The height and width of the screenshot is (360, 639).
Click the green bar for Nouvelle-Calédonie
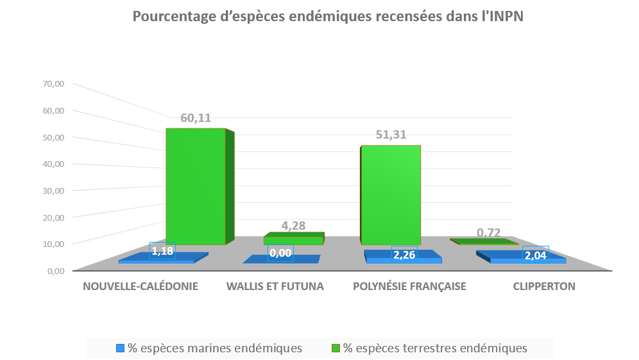click(x=196, y=186)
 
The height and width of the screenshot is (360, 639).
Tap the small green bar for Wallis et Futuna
click(x=293, y=240)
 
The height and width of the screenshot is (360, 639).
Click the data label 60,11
click(x=196, y=118)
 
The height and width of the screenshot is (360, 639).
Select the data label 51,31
click(x=391, y=135)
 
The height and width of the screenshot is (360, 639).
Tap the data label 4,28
click(x=293, y=225)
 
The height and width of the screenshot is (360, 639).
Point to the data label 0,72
click(x=488, y=232)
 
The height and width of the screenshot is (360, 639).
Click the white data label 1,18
click(x=162, y=251)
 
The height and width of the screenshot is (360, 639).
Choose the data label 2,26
click(x=404, y=255)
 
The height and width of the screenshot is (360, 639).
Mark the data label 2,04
click(x=536, y=255)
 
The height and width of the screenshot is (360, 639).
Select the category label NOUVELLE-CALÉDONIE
click(x=141, y=286)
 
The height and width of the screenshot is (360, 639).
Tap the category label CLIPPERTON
click(x=544, y=286)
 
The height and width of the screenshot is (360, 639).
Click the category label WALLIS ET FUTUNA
click(x=275, y=286)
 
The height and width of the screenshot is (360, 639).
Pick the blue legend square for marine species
click(x=120, y=348)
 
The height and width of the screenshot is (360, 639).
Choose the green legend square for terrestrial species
click(x=335, y=348)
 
